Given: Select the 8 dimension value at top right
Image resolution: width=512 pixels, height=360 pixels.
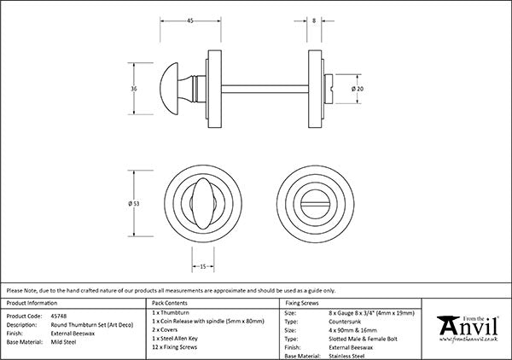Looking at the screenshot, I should point(316,21).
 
